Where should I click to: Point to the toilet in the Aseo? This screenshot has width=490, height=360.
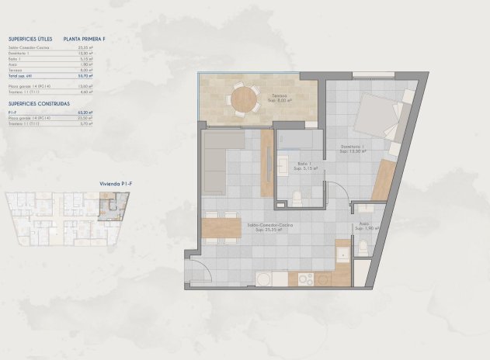363,248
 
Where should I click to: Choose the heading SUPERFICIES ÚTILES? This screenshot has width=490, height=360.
30,38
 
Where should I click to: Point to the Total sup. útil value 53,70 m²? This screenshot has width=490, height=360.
87,76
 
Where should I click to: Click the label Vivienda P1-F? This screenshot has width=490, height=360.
113,183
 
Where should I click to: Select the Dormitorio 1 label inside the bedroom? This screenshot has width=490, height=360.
353,147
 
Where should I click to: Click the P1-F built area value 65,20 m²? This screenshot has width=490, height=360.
87,112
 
